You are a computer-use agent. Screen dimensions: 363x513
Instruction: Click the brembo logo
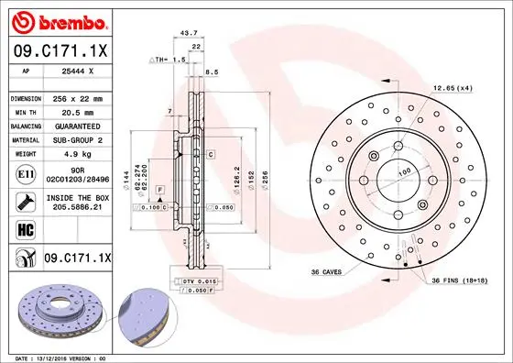point(59,20)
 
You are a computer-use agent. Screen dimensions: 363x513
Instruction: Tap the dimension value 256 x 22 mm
point(76,97)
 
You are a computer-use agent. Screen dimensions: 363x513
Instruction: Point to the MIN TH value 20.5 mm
point(76,111)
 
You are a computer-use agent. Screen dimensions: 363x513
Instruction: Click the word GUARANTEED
point(76,126)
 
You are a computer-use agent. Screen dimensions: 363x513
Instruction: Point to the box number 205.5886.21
point(76,208)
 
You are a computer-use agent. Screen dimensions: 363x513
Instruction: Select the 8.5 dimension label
point(213,71)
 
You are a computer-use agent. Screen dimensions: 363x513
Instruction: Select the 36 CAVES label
point(327,272)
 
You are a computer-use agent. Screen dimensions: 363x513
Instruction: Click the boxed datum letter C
point(210,156)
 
